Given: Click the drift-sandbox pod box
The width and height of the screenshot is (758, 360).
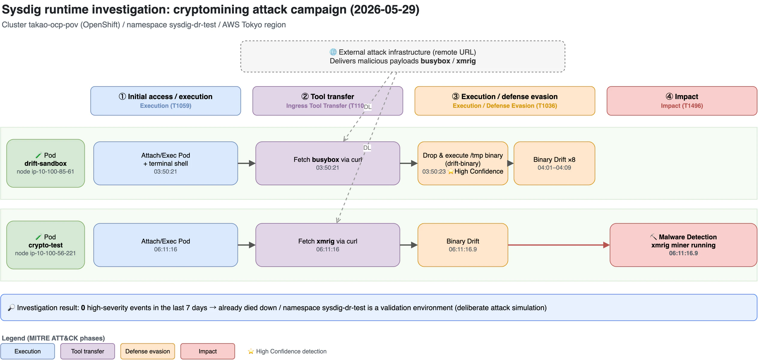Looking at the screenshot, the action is point(46,163).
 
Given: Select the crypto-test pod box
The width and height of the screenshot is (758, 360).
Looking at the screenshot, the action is point(46,245).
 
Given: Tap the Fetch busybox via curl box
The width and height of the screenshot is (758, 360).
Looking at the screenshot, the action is point(328,163).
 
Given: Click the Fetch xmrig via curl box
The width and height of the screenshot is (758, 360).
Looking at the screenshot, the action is point(328,245).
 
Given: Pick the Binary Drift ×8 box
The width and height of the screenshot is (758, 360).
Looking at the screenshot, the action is point(554,163).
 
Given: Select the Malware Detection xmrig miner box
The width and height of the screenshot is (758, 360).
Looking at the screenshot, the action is point(684,245).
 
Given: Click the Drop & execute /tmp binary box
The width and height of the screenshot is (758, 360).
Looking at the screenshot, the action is point(463,163).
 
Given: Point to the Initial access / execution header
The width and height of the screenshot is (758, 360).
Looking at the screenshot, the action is point(166,101).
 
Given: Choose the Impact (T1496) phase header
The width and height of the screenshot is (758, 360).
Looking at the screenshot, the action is point(682,101).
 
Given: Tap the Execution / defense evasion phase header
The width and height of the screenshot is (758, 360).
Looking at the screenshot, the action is point(505,101).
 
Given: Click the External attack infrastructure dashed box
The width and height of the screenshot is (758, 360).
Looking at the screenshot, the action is point(403,56).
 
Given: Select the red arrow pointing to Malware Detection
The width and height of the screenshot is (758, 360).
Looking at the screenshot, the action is point(559,245).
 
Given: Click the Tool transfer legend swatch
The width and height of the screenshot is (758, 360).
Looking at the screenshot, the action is point(88,351).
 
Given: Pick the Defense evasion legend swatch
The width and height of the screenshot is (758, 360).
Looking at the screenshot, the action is point(148,351).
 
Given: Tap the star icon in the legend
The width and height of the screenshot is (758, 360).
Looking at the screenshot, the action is point(251,351).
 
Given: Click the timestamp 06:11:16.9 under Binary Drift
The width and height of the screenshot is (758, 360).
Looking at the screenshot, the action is point(463,249).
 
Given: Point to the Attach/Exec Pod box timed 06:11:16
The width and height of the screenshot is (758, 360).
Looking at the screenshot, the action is point(166,245).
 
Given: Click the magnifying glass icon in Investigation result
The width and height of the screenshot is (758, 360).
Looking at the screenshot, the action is point(11,307).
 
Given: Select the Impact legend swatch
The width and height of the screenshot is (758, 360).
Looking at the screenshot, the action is point(208,351).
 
